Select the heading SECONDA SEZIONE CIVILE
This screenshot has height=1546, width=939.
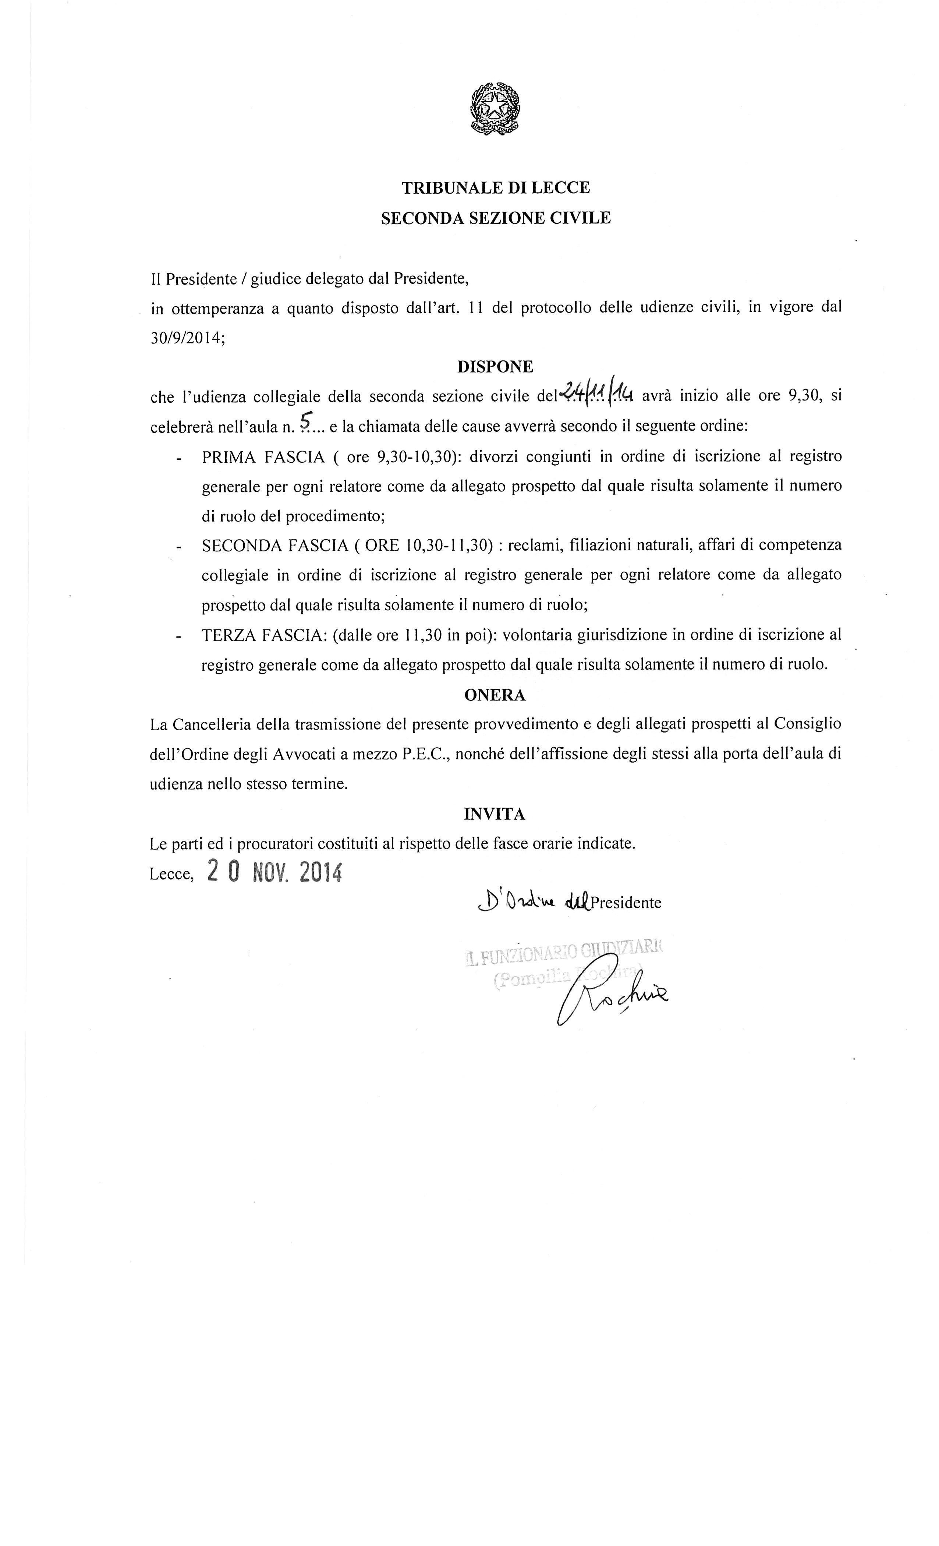[496, 218]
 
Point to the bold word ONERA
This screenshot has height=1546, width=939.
[495, 695]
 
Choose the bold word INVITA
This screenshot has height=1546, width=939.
[495, 814]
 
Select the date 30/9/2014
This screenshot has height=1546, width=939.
[186, 337]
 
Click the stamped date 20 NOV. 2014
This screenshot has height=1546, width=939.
[275, 872]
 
